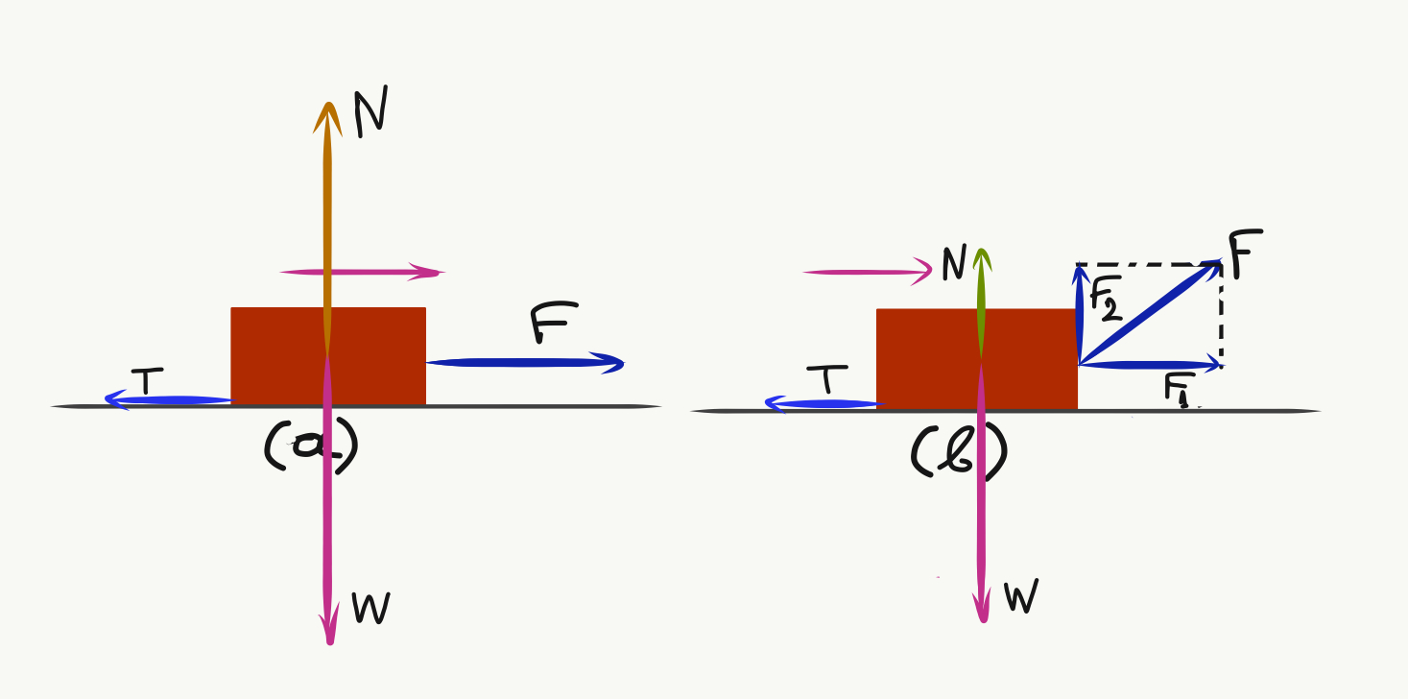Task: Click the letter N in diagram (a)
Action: tap(371, 115)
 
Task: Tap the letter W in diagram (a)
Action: tap(371, 608)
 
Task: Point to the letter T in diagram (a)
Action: tap(146, 382)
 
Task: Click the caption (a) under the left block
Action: tap(309, 447)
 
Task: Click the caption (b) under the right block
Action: tap(957, 453)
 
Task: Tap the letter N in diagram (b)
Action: tap(953, 265)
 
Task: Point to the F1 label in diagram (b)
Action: tap(1179, 390)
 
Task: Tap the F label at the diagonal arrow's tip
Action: tap(1245, 253)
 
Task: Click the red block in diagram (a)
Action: tap(278, 355)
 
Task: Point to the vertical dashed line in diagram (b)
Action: tap(1221, 317)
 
